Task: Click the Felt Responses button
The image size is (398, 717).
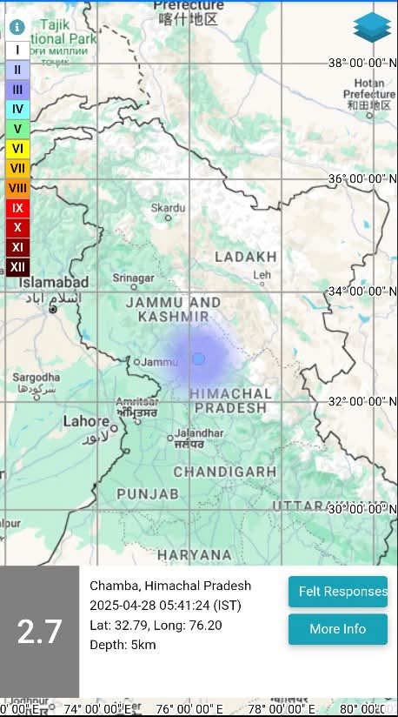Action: click(x=338, y=592)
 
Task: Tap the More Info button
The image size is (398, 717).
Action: click(x=338, y=629)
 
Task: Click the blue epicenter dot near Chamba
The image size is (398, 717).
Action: click(x=198, y=358)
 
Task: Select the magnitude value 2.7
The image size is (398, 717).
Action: click(x=39, y=632)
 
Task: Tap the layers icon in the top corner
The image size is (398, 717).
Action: click(x=372, y=28)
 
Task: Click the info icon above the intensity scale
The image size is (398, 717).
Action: click(x=17, y=27)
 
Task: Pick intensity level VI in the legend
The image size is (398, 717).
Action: click(x=17, y=149)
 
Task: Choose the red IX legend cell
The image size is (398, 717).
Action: click(x=17, y=208)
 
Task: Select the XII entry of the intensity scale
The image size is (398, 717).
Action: click(x=17, y=267)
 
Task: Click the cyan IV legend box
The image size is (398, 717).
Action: click(x=17, y=109)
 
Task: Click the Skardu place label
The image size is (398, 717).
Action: click(x=168, y=208)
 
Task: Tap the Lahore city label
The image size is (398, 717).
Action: click(x=87, y=421)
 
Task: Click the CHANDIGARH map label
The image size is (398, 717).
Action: click(x=225, y=472)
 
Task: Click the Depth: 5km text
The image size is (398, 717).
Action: click(x=123, y=645)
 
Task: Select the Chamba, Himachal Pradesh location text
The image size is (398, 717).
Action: click(x=170, y=586)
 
